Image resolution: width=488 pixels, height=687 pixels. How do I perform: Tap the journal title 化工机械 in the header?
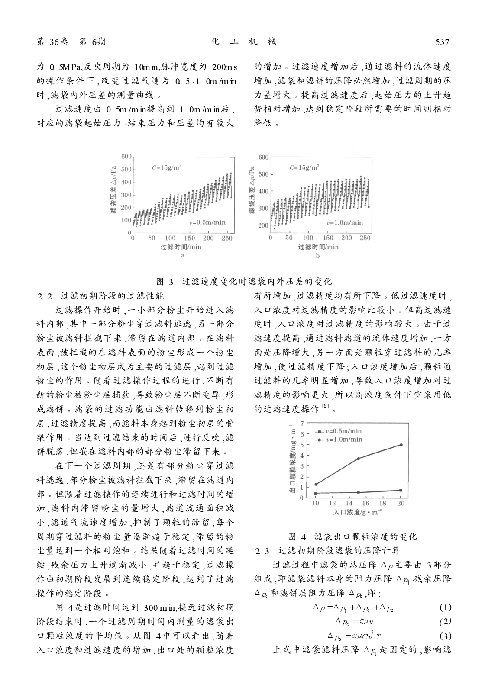[x=244, y=42]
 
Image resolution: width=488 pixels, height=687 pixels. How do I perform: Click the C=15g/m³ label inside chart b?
[x=304, y=167]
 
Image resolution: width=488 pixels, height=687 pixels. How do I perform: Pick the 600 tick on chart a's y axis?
[x=126, y=156]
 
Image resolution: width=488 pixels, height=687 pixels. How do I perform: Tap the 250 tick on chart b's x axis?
[x=365, y=238]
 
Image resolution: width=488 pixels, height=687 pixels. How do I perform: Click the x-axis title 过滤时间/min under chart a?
[x=181, y=247]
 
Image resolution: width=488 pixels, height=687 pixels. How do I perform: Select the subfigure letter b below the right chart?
[x=318, y=256]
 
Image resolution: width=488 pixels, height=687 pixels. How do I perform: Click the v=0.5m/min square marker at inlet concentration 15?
[x=359, y=492]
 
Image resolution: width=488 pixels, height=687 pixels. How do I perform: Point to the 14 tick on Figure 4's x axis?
[x=349, y=503]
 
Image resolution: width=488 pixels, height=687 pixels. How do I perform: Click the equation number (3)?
[x=445, y=636]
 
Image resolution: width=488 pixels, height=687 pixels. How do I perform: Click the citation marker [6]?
[x=325, y=406]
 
